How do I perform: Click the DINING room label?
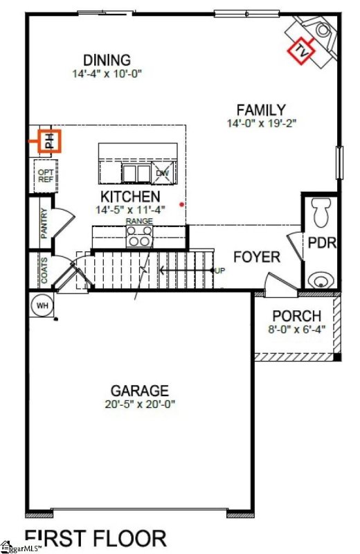click(107, 60)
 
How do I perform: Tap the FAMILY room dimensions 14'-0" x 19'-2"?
click(260, 124)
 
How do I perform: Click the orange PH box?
click(49, 141)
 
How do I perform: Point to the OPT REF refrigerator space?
click(45, 176)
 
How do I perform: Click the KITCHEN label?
click(131, 196)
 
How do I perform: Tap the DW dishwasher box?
click(163, 173)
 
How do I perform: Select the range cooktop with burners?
click(139, 236)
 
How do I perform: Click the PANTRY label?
click(44, 224)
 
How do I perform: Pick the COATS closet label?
click(44, 271)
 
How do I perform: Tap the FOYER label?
click(256, 258)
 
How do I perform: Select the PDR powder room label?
click(322, 244)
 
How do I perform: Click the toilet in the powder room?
click(321, 212)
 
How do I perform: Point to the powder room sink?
click(321, 280)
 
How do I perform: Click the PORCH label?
click(296, 316)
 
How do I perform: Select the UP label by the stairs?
click(219, 270)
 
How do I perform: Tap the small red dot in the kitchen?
click(181, 204)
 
